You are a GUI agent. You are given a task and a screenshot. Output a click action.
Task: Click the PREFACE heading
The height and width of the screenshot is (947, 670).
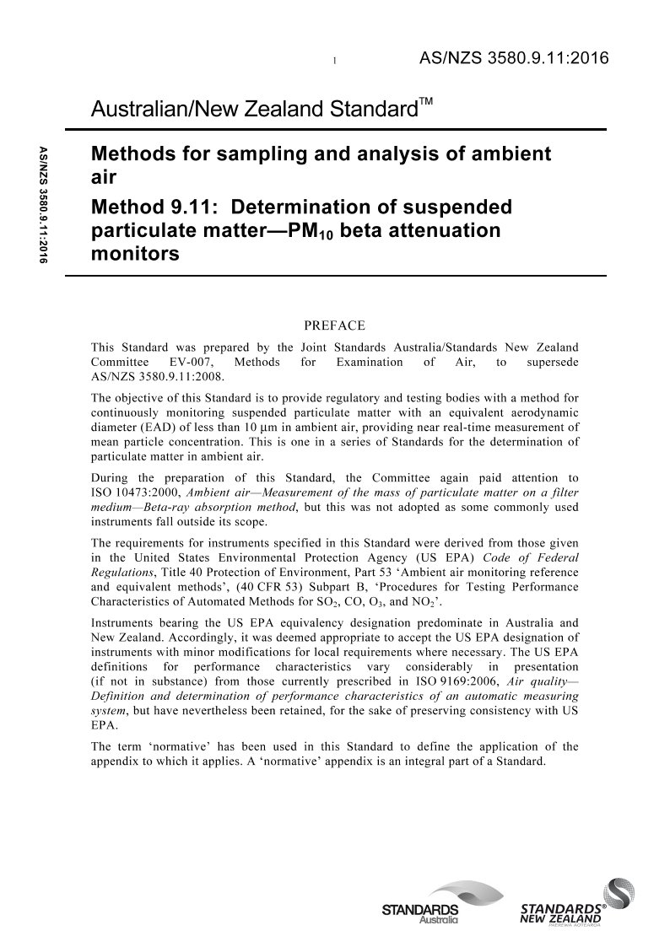pyautogui.click(x=334, y=325)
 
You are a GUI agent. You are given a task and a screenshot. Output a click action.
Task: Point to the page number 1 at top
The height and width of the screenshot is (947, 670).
pyautogui.click(x=335, y=61)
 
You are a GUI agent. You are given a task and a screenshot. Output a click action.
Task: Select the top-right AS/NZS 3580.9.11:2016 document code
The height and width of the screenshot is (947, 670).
pyautogui.click(x=513, y=58)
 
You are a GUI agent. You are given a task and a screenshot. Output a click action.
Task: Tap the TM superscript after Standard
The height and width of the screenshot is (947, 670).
pyautogui.click(x=426, y=102)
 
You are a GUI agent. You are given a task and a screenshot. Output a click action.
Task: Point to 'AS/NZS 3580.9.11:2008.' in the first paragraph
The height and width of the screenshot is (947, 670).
pyautogui.click(x=141, y=376)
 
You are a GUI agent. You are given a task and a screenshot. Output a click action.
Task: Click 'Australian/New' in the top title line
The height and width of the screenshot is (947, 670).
pyautogui.click(x=157, y=110)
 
